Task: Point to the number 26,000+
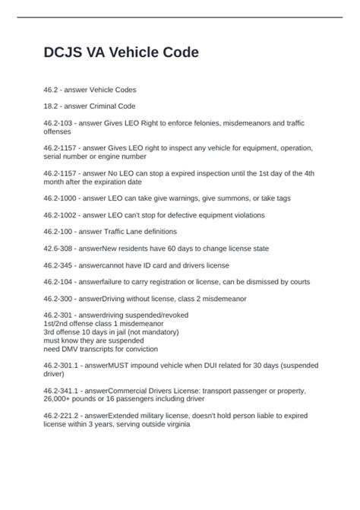[63, 399]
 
